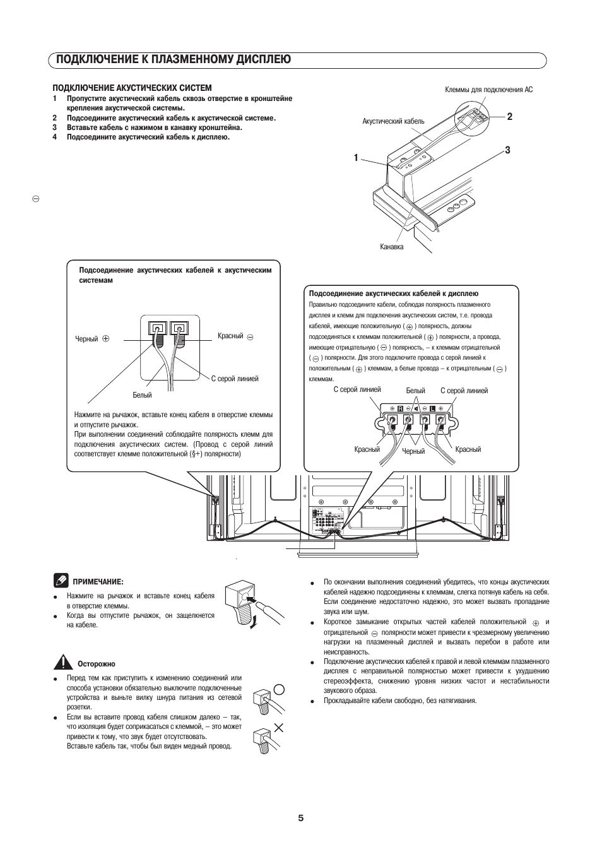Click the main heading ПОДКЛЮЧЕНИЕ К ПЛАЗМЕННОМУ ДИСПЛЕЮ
tap(173, 59)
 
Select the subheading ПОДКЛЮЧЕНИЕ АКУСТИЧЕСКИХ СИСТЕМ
tap(132, 88)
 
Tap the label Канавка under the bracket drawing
tap(391, 247)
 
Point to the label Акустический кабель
tap(393, 121)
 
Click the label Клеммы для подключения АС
tap(488, 90)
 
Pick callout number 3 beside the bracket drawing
tap(507, 150)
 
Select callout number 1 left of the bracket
tap(356, 158)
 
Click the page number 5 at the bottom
tap(301, 818)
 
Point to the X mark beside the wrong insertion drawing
tap(278, 728)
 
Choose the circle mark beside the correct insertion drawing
tap(278, 689)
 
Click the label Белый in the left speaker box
tap(142, 395)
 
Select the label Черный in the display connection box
tap(413, 451)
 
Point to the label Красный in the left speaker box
tap(230, 336)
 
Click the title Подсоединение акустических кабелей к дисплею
tap(393, 293)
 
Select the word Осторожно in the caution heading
tap(97, 664)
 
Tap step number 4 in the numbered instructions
tap(55, 137)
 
